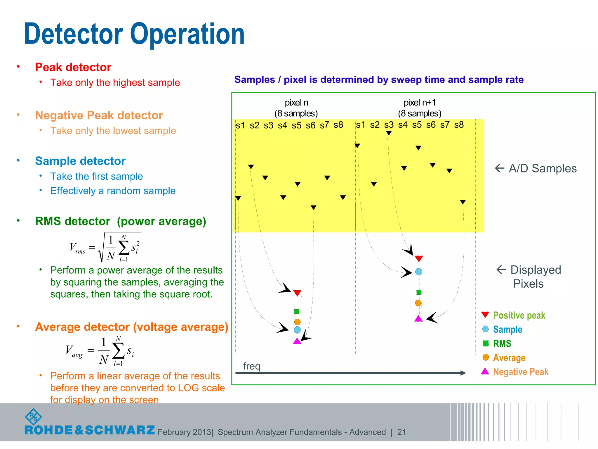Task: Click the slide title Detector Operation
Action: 134,34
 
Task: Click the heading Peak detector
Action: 73,67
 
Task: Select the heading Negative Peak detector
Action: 99,115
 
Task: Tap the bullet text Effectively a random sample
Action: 113,191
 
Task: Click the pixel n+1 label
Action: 419,103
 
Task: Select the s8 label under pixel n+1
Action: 459,125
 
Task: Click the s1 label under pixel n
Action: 240,125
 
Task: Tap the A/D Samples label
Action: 542,168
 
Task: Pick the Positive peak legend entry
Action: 519,315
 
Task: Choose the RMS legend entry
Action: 502,343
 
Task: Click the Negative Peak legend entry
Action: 520,372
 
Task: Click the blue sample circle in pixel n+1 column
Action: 418,272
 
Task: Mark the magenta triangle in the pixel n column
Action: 297,341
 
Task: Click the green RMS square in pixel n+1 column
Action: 419,292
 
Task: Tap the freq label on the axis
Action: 251,366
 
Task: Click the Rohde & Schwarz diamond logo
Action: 33,417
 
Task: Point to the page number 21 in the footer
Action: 401,432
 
